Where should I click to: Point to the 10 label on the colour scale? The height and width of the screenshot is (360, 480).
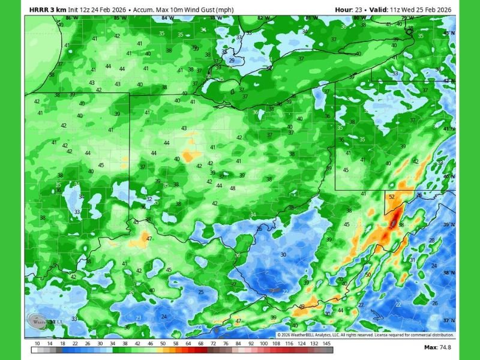[37, 343]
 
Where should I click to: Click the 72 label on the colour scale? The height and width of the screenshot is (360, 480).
[213, 343]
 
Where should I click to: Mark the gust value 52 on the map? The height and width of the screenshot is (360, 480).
[392, 197]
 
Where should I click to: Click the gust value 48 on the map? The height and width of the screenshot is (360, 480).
[232, 188]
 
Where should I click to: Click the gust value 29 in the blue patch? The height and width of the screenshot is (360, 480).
[232, 61]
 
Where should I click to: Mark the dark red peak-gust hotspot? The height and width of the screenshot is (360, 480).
[391, 222]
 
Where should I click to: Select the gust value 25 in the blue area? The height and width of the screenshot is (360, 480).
[201, 292]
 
